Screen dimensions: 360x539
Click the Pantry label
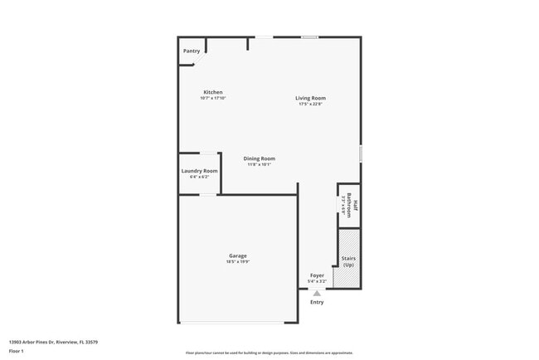point(191,51)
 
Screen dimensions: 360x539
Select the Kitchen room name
point(213,92)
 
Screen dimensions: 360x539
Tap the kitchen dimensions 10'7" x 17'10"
point(213,98)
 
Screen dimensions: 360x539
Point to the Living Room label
point(310,98)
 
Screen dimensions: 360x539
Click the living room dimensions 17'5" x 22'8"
point(310,104)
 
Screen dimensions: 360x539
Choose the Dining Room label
point(259,158)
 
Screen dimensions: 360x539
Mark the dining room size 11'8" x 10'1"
point(259,164)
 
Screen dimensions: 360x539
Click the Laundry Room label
point(199,171)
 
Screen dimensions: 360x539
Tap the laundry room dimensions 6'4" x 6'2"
point(199,177)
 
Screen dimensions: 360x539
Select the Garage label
point(238,255)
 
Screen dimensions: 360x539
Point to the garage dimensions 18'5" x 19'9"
point(238,261)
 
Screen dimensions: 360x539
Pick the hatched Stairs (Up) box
point(348,259)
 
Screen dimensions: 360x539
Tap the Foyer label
point(317,275)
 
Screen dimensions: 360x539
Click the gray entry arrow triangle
point(316,292)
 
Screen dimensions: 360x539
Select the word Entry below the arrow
point(317,302)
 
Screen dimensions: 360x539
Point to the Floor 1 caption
point(17,351)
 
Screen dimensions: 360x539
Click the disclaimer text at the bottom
point(269,353)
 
